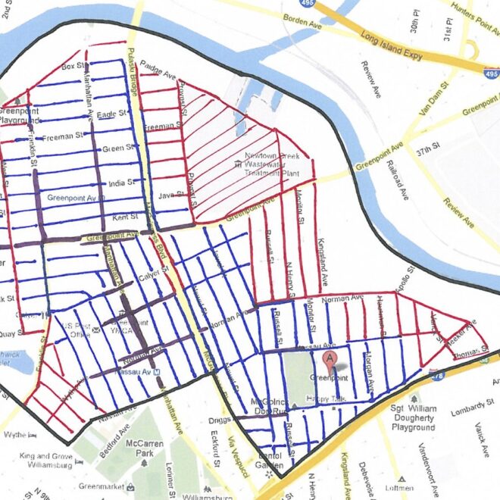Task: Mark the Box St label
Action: pos(71,67)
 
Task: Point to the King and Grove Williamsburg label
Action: pos(45,461)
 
